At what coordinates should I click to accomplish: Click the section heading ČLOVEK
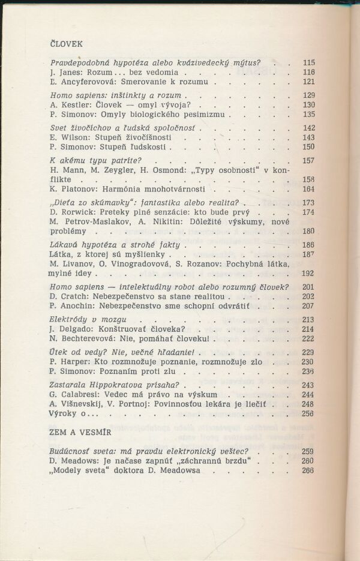66,43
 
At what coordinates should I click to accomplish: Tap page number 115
309,62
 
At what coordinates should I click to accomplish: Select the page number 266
309,471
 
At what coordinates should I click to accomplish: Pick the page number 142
309,128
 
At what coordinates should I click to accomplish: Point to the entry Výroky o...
72,413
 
